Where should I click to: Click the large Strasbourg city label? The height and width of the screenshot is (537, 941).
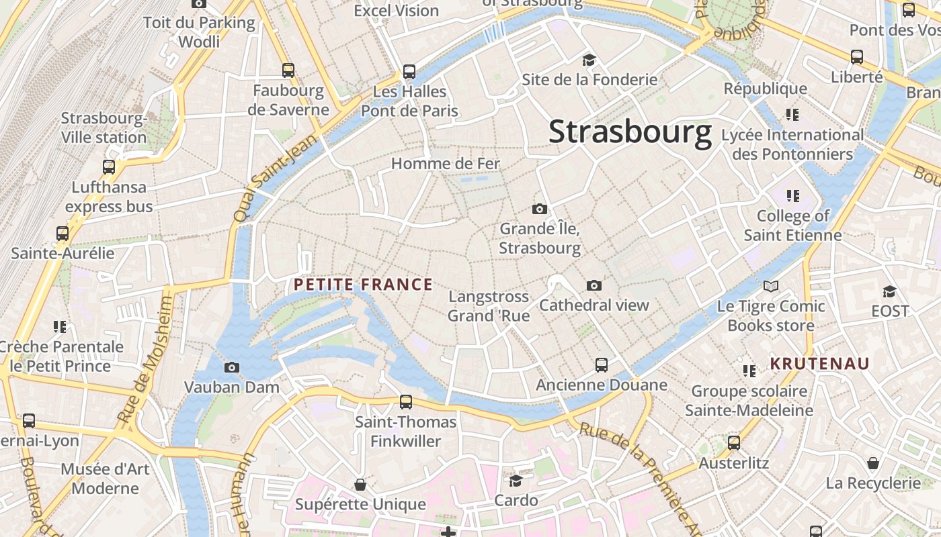[630, 132]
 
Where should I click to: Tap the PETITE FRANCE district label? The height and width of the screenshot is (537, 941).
[363, 285]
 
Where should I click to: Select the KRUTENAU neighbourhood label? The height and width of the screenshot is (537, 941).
[819, 364]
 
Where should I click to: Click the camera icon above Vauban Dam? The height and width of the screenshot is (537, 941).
[232, 367]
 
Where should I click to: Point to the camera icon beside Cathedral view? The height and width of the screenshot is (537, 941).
[594, 286]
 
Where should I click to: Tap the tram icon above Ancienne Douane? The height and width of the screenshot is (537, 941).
[602, 365]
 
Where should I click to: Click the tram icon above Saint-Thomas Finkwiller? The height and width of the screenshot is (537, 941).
[406, 402]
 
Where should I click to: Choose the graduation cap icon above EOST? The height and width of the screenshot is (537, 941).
[889, 291]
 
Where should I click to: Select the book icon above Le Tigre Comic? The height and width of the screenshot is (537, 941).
[771, 287]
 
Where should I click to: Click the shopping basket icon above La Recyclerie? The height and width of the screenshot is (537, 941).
[872, 463]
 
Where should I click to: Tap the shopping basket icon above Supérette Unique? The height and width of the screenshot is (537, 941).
[360, 485]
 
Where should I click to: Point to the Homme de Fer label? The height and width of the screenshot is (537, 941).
[446, 163]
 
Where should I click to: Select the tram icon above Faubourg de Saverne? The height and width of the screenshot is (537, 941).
[288, 70]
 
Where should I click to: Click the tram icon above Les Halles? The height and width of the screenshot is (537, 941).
[409, 72]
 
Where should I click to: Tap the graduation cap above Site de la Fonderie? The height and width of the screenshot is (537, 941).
[589, 60]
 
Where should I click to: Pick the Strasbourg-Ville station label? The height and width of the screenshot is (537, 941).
[104, 128]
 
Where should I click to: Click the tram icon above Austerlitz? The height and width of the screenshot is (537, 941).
[734, 443]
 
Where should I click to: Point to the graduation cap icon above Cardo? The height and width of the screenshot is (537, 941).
[516, 481]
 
